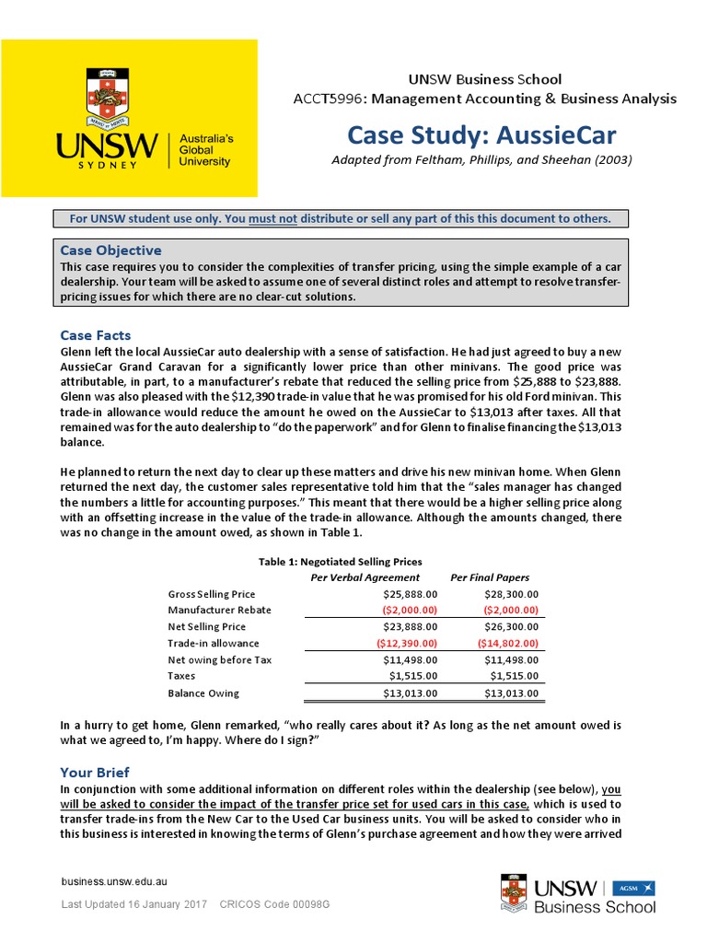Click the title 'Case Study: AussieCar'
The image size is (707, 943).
pos(481,135)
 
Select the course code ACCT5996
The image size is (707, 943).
pos(323,99)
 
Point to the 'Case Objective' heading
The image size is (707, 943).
pos(110,250)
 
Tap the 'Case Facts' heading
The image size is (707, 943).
pos(96,335)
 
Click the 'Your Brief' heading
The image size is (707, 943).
pos(95,773)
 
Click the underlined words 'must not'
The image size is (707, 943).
pos(276,218)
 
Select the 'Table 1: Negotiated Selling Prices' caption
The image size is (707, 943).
pos(341,562)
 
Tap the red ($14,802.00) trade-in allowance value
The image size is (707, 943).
pos(507,643)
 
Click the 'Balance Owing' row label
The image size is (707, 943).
pos(203,693)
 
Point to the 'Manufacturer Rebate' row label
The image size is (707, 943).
pos(219,610)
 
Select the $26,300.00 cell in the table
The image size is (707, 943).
pos(507,626)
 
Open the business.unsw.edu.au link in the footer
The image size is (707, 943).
pos(113,881)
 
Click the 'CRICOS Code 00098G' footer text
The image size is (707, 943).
pos(274,905)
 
